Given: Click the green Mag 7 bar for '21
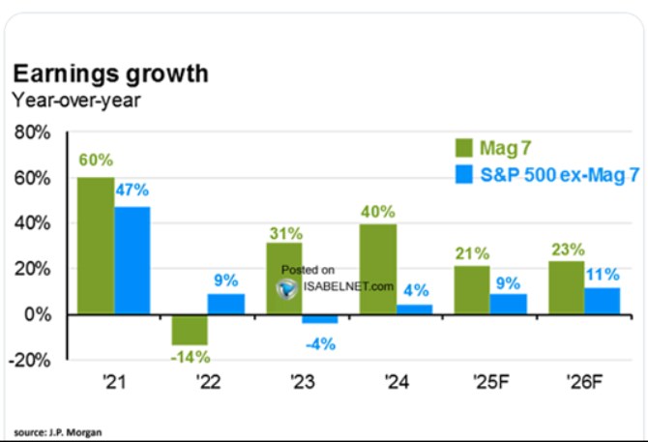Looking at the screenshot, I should pos(95,246).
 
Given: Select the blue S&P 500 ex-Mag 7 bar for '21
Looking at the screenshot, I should pos(131,260).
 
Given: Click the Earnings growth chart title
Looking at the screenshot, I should pos(109,74).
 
